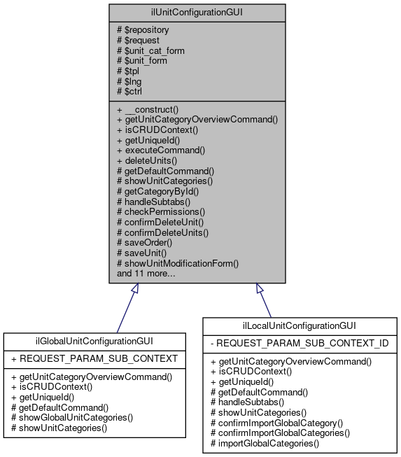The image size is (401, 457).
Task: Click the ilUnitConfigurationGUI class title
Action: [x=197, y=12]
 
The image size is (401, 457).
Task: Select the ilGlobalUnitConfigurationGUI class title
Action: [x=94, y=341]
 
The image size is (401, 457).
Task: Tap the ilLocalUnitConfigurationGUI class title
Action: [x=301, y=325]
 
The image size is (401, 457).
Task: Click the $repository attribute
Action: [x=146, y=31]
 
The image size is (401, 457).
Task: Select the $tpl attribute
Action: [x=132, y=71]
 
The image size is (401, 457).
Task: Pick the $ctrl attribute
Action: [x=134, y=92]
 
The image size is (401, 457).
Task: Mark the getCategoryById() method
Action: [x=157, y=191]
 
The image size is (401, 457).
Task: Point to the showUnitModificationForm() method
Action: [x=178, y=263]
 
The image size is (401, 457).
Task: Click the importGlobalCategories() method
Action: [x=265, y=443]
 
